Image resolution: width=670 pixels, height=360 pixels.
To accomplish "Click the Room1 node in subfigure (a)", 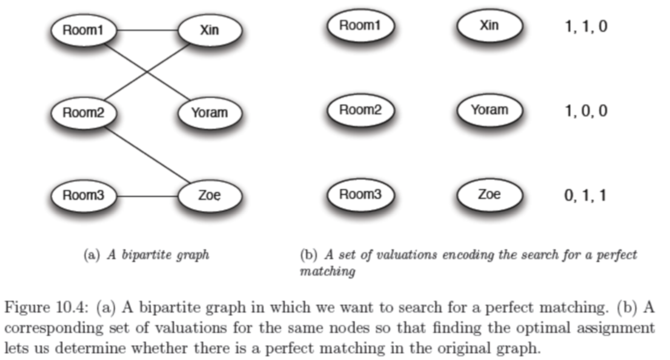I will click(84, 30).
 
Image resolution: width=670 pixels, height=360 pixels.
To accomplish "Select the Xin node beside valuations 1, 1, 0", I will click(489, 25).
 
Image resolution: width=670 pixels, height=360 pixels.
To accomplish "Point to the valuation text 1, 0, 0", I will click(586, 111).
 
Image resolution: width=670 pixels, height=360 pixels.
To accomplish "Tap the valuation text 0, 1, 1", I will click(586, 196).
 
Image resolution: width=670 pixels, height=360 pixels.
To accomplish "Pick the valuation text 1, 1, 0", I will click(586, 27).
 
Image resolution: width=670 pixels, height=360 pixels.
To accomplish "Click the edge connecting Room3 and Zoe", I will click(147, 196).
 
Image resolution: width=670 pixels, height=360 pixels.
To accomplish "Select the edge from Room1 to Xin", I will click(147, 30).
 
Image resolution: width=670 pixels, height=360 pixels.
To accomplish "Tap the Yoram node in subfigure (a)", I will click(210, 113).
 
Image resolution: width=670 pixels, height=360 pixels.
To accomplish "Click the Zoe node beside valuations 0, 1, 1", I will click(489, 195).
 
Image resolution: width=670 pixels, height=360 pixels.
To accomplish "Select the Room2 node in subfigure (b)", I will click(360, 110).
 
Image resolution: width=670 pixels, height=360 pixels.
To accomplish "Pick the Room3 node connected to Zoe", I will click(84, 196).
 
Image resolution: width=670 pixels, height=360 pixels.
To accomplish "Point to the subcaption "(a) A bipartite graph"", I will click(146, 255).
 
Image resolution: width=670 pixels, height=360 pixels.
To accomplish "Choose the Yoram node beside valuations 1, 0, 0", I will click(489, 110).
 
